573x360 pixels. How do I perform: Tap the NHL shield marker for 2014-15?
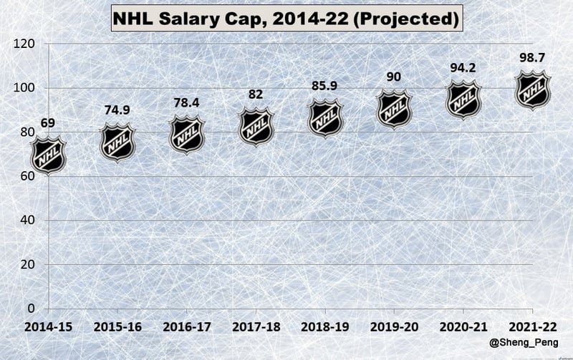pyautogui.click(x=49, y=156)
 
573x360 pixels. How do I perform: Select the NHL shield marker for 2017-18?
pyautogui.click(x=256, y=127)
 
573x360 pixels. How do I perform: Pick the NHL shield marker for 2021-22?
pyautogui.click(x=533, y=89)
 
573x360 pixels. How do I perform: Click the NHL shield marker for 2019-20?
pyautogui.click(x=395, y=110)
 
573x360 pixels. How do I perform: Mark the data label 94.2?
pyautogui.click(x=464, y=69)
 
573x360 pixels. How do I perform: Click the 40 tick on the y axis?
pyautogui.click(x=27, y=220)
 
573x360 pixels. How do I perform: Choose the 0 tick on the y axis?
pyautogui.click(x=30, y=308)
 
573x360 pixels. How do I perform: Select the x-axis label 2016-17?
pyautogui.click(x=187, y=327)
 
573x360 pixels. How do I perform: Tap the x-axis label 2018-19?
pyautogui.click(x=325, y=327)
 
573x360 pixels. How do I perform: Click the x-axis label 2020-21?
pyautogui.click(x=464, y=327)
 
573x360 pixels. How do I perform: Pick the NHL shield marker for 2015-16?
pyautogui.click(x=117, y=142)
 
